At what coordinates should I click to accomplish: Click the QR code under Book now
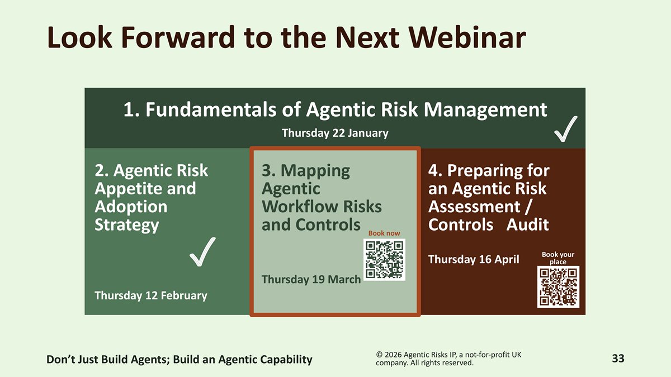(x=384, y=260)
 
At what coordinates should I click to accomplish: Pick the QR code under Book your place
(x=558, y=287)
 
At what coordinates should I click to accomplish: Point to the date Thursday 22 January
(x=335, y=133)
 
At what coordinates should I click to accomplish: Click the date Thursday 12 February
(x=151, y=295)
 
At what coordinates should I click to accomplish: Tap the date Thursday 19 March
(x=311, y=279)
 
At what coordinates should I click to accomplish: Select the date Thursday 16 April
(x=474, y=259)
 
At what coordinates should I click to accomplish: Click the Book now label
(x=384, y=233)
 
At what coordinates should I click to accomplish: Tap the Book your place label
(x=558, y=258)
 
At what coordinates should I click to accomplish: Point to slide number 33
(x=618, y=359)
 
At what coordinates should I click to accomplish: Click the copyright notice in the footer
(x=448, y=359)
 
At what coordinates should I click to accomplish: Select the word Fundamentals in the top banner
(x=211, y=109)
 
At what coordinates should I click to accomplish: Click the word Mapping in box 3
(x=315, y=171)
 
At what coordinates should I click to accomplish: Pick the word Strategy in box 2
(x=127, y=226)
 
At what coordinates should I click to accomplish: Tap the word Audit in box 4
(x=527, y=225)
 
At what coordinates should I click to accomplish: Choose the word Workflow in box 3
(x=300, y=207)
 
